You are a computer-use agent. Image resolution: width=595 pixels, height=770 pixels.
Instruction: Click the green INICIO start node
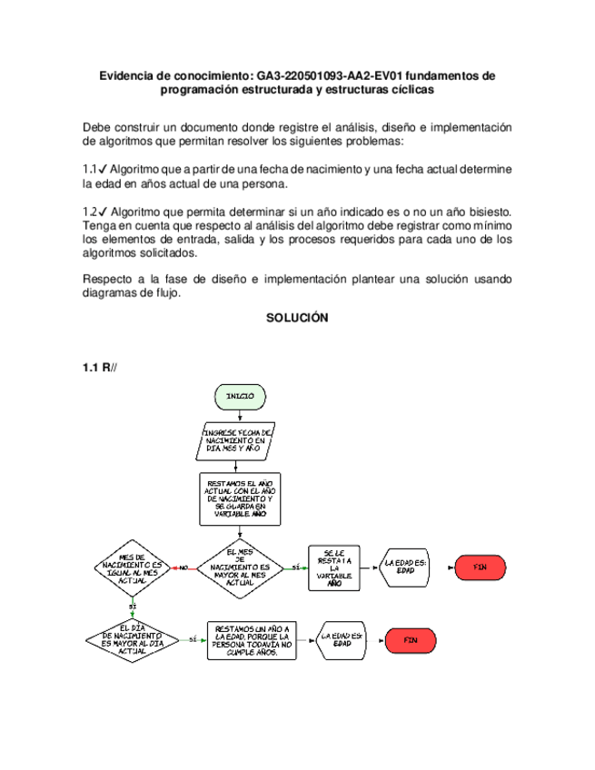(240, 397)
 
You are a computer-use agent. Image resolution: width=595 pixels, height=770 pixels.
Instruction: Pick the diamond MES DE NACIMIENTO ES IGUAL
(133, 568)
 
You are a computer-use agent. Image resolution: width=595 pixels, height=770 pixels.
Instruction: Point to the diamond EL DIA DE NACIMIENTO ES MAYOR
(133, 639)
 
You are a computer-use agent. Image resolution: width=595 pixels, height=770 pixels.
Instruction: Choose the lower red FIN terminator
(410, 639)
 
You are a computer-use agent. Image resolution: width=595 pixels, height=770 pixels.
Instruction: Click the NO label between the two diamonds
(183, 568)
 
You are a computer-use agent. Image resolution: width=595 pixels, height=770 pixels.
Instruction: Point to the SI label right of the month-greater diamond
(294, 568)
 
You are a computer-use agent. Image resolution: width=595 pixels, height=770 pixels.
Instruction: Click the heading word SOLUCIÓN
(297, 319)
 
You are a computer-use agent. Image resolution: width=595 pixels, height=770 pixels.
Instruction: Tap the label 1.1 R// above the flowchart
(100, 367)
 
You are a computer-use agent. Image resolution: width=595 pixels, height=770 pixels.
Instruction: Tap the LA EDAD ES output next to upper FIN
(405, 567)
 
